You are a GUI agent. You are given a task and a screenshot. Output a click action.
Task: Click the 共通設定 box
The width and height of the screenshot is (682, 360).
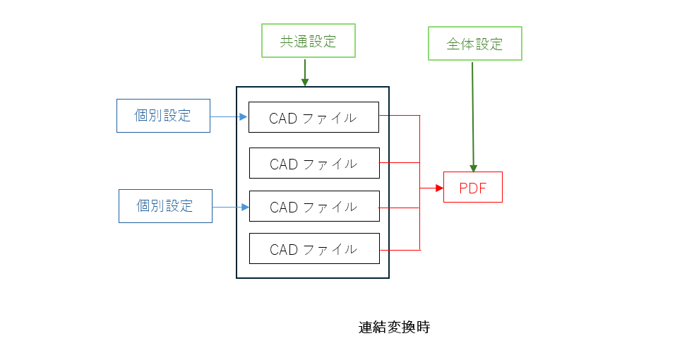[x=308, y=41]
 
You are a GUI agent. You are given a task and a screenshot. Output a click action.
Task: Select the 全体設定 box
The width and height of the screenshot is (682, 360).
[x=474, y=44]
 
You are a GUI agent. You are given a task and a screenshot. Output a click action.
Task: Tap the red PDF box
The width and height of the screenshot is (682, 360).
[x=472, y=187]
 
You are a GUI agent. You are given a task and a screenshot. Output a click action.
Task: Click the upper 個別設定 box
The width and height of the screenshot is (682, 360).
[x=163, y=116]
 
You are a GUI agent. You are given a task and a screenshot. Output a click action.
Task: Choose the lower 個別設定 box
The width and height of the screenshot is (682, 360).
[x=165, y=206]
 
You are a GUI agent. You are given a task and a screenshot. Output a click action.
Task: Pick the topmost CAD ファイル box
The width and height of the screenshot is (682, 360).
[x=313, y=117]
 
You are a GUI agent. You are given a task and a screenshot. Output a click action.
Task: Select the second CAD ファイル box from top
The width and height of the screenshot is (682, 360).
[x=314, y=163]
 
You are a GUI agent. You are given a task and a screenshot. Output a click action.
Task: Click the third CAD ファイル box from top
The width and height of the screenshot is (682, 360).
[x=314, y=207]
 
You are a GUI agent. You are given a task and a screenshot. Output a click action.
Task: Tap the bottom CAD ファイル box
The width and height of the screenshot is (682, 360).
[x=314, y=248]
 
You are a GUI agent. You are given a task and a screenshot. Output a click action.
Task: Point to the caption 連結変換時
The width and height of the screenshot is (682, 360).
[x=394, y=328]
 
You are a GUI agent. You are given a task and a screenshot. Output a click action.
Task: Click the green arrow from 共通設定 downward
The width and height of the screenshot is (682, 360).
[x=305, y=71]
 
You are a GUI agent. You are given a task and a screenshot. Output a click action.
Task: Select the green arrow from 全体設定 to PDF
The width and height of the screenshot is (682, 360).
[x=472, y=113]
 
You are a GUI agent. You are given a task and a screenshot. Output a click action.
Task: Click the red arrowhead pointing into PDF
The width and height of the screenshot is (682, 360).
[x=439, y=188]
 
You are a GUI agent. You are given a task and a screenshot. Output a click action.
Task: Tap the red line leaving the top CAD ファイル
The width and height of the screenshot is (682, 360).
[x=400, y=115]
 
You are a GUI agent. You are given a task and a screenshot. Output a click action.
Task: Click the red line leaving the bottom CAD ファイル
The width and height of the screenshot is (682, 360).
[x=400, y=250]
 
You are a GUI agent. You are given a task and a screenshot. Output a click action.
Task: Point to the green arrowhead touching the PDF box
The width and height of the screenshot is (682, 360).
[x=473, y=167]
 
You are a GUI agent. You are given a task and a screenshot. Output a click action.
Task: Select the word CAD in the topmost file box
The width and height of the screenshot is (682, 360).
[x=283, y=118]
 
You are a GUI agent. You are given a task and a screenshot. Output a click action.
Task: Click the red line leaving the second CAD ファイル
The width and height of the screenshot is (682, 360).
[x=400, y=162]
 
